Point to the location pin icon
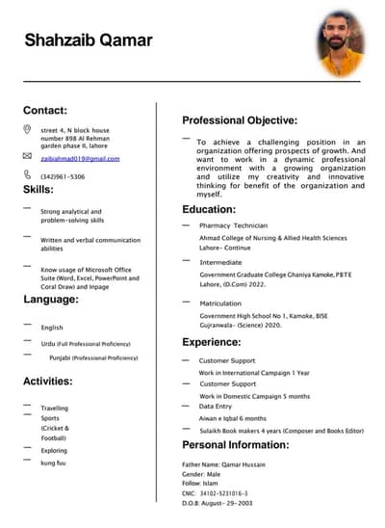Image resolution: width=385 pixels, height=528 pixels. [x=27, y=129]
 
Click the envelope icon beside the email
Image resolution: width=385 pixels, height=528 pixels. [x=27, y=155]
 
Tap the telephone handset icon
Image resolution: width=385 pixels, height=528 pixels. [x=27, y=174]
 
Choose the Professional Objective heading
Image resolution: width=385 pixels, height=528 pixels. [x=240, y=120]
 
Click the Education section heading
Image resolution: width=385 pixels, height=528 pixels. [x=209, y=209]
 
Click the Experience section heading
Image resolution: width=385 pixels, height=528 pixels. [x=211, y=341]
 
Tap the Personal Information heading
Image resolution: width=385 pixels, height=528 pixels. [x=235, y=445]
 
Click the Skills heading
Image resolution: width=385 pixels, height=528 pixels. [x=38, y=190]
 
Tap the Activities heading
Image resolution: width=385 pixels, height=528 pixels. [x=47, y=381]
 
